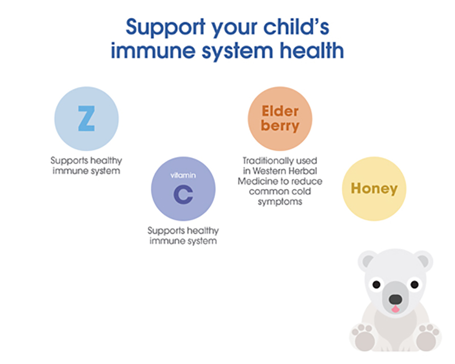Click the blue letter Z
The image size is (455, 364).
coord(86,118)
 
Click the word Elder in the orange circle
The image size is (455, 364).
coord(280,111)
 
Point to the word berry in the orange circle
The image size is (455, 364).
coord(280,126)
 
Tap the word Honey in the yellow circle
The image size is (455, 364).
coord(374,189)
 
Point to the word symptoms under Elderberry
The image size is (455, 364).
coord(280,201)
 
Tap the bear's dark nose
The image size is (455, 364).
coord(395,299)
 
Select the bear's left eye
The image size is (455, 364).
coord(377,285)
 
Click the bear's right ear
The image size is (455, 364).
coord(422,260)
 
